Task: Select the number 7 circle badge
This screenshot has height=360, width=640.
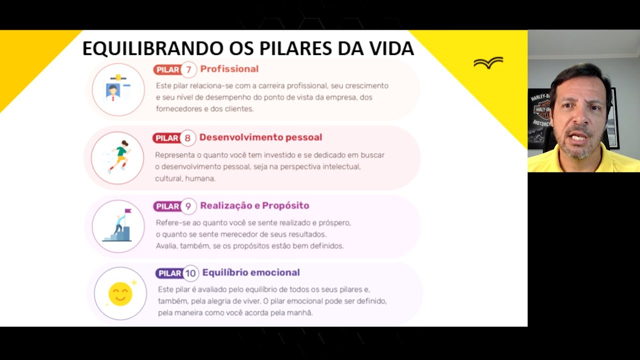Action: click(188, 69)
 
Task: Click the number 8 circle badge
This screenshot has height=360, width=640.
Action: click(187, 138)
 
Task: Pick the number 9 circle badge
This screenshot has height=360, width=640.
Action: click(188, 206)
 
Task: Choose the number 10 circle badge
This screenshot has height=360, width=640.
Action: click(190, 273)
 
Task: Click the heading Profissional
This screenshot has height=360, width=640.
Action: click(229, 69)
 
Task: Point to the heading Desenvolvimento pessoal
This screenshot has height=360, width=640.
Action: click(260, 137)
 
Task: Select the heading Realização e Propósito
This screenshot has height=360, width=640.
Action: click(254, 205)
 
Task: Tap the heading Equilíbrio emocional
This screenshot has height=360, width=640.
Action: click(251, 272)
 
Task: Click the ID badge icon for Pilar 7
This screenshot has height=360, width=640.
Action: click(118, 90)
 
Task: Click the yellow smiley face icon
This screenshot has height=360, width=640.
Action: click(120, 293)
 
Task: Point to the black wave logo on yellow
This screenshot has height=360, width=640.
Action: click(488, 62)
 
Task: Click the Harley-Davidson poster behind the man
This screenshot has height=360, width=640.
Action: click(540, 117)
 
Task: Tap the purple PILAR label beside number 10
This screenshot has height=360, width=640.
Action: click(169, 273)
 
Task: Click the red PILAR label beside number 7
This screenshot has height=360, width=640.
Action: click(167, 69)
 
